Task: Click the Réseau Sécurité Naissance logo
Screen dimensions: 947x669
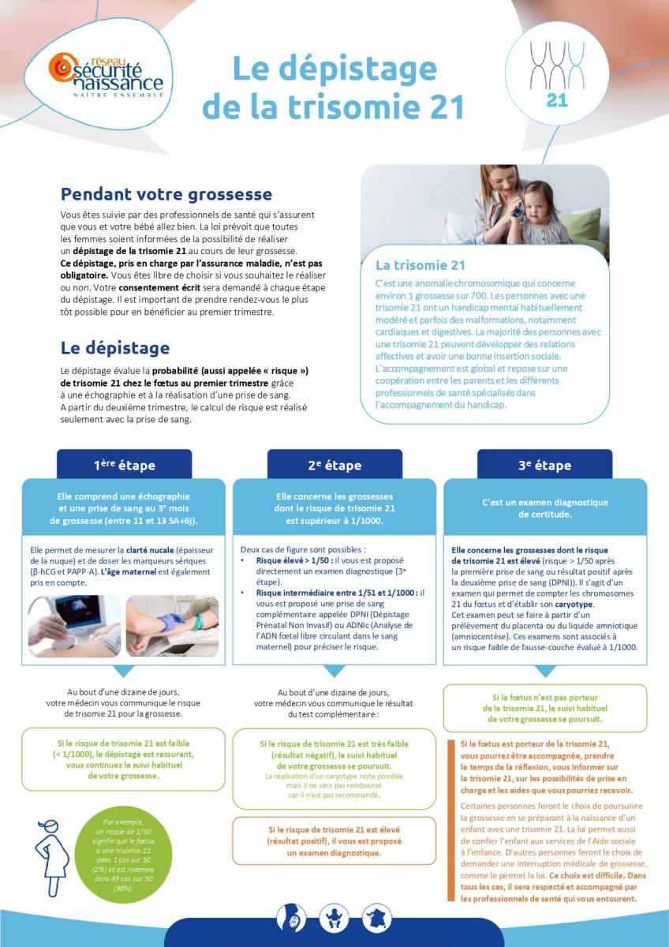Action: (x=106, y=75)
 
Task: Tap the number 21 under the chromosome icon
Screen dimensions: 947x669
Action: (x=557, y=100)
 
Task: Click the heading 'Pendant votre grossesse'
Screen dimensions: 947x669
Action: (x=166, y=194)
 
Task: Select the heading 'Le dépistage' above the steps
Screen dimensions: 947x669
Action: (x=115, y=347)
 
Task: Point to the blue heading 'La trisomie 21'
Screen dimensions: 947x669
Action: (x=420, y=265)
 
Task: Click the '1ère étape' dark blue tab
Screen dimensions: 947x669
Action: (x=125, y=465)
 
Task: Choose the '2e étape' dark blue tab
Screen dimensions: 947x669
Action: (x=334, y=465)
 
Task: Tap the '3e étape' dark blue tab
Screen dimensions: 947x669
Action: (x=544, y=465)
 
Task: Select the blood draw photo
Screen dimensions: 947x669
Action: (x=173, y=626)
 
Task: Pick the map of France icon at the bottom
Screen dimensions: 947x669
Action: (x=377, y=918)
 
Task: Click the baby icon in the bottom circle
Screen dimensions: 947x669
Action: (x=334, y=918)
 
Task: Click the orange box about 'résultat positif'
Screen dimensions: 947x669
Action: (x=334, y=842)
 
